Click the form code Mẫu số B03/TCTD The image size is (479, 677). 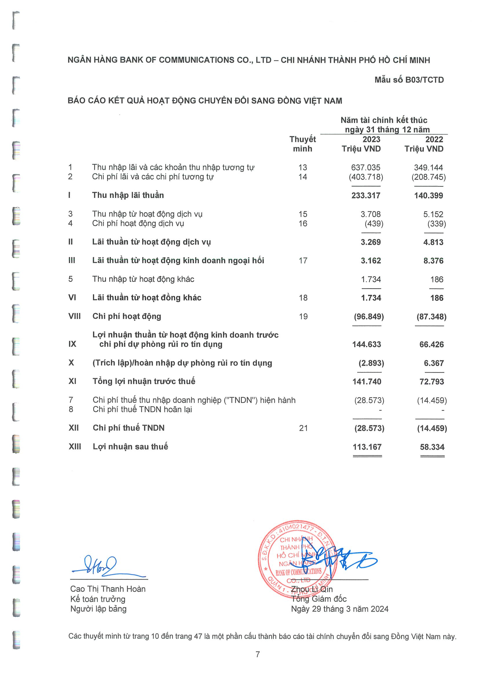click(x=409, y=80)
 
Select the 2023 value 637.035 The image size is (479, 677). click(x=365, y=168)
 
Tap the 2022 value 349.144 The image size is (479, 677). click(x=428, y=168)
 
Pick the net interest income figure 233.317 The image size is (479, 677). click(x=366, y=195)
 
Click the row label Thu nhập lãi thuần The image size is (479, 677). click(x=128, y=195)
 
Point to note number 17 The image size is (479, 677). click(x=303, y=260)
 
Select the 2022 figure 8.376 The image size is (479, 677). click(x=433, y=261)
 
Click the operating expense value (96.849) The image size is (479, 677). click(x=369, y=317)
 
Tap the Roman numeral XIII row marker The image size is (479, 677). click(x=75, y=446)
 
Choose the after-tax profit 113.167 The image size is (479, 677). click(x=367, y=447)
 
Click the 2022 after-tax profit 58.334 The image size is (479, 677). click(x=432, y=447)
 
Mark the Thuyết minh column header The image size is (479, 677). click(x=303, y=144)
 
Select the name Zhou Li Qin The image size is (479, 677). click(x=312, y=589)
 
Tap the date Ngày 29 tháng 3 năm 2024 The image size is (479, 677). click(x=339, y=609)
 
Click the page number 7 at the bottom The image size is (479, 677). click(x=258, y=654)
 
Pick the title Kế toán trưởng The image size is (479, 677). click(x=98, y=599)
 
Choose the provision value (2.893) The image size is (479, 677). click(x=371, y=363)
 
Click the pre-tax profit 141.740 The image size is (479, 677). click(x=367, y=382)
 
